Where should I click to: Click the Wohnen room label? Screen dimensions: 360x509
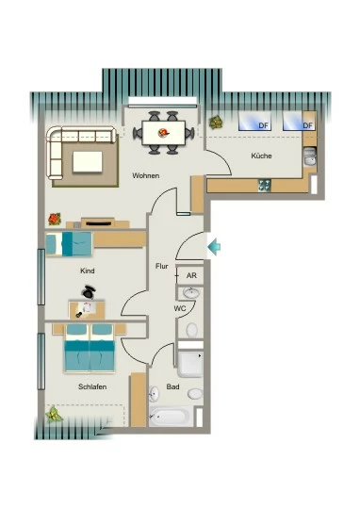(146, 175)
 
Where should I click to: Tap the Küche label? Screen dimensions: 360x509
(261, 156)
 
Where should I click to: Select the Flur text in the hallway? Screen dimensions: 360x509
(162, 266)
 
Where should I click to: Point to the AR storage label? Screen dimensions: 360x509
(191, 275)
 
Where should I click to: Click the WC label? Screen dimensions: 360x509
(180, 308)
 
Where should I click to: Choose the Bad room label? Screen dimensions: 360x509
(172, 386)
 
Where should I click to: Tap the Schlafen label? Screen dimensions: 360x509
(92, 386)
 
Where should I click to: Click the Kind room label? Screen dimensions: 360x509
(88, 271)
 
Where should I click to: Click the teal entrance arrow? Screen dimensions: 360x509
(214, 247)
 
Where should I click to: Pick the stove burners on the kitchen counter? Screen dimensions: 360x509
(265, 185)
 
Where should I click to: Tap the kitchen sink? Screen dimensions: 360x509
(310, 156)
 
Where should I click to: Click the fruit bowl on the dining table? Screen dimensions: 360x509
(163, 133)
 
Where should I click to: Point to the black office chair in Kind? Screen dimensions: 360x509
(89, 291)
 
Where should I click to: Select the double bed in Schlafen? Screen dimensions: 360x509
(90, 348)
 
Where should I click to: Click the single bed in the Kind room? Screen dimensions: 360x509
(69, 243)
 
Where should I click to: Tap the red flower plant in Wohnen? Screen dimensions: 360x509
(55, 219)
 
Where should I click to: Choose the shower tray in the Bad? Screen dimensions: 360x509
(190, 364)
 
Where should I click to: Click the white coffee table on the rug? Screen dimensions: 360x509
(88, 162)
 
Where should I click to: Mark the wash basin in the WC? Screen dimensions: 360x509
(191, 293)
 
